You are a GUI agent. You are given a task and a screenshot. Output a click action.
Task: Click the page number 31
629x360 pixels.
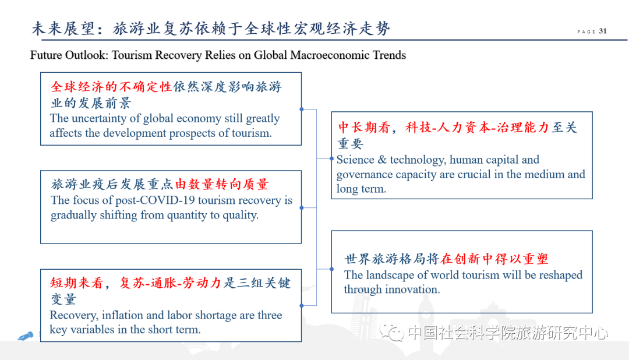pyautogui.click(x=603, y=31)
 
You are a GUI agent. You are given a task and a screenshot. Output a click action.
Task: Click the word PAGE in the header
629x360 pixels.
pyautogui.click(x=586, y=32)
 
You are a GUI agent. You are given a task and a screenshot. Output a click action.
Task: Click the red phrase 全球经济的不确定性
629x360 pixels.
pyautogui.click(x=111, y=87)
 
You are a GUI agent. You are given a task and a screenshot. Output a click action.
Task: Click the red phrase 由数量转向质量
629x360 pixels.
pyautogui.click(x=222, y=185)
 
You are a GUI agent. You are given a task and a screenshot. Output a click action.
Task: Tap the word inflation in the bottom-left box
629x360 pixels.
pyautogui.click(x=123, y=315)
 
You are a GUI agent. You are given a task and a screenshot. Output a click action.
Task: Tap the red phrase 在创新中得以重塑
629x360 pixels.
pyautogui.click(x=494, y=259)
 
